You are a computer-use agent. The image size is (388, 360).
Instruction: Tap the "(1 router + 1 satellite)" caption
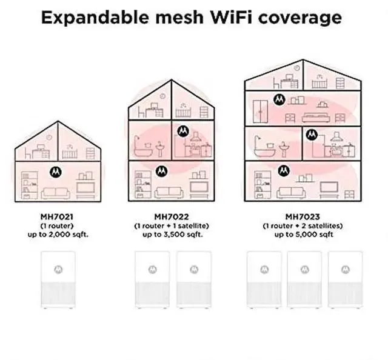pyautogui.click(x=171, y=225)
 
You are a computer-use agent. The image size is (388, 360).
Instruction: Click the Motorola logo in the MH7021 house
pyautogui.click(x=55, y=172)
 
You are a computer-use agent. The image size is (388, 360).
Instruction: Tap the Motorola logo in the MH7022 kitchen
pyautogui.click(x=182, y=130)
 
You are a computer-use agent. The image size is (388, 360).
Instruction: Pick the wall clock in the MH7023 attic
pyautogui.click(x=297, y=68)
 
